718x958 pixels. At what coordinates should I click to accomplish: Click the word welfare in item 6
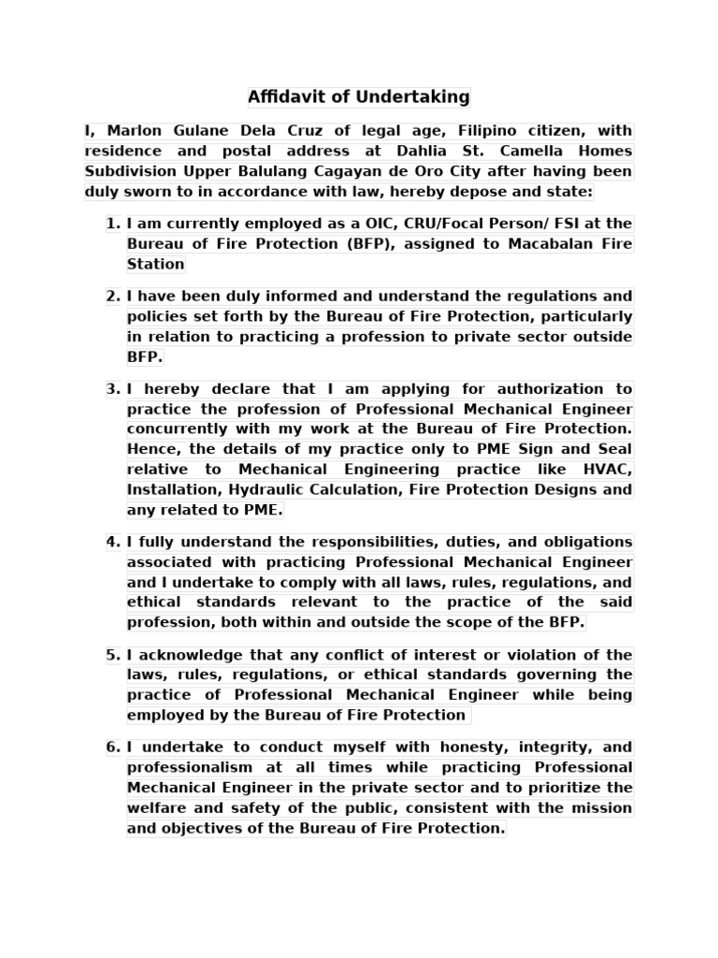click(x=159, y=808)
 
